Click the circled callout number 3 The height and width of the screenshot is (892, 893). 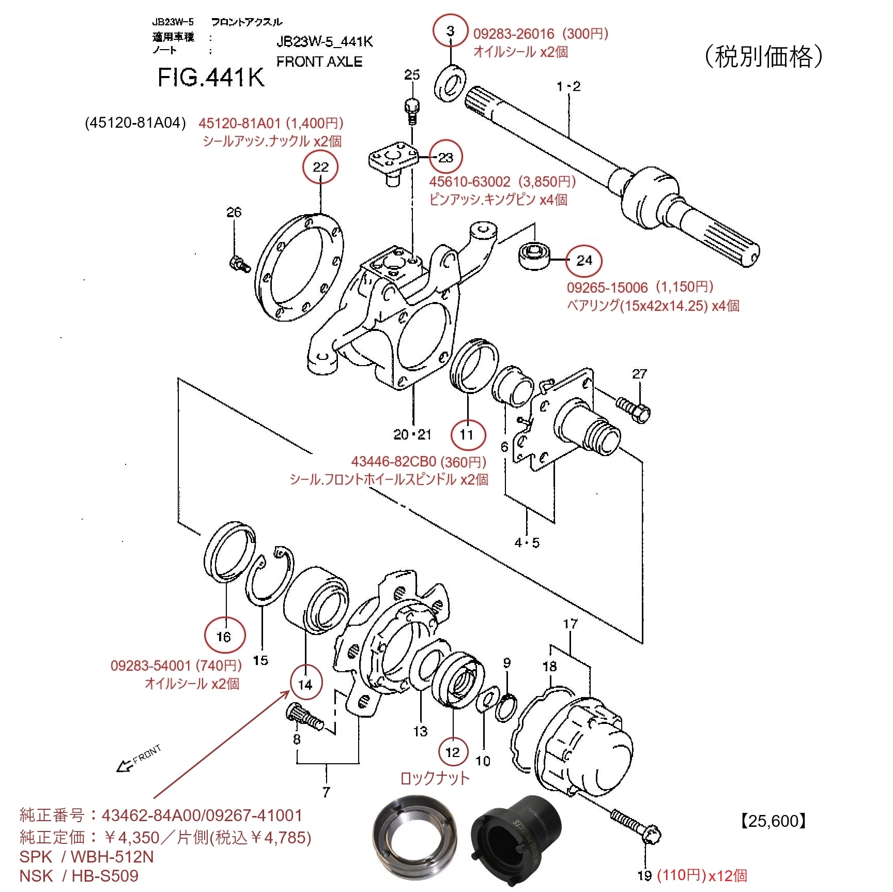[x=450, y=31]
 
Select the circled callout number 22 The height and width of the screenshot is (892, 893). [x=320, y=167]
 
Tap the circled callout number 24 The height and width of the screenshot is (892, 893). [x=584, y=261]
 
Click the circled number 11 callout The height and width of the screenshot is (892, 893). [x=468, y=434]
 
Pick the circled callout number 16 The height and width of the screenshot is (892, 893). [x=224, y=636]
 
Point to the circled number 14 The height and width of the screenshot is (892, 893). [x=305, y=684]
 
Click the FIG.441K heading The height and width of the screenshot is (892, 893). [x=210, y=78]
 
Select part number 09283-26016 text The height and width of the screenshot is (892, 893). [x=513, y=34]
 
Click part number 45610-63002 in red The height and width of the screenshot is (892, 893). [x=469, y=182]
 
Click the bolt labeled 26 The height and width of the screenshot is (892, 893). [x=239, y=264]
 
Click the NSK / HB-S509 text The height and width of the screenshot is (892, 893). [x=79, y=876]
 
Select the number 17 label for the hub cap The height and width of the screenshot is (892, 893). [x=570, y=624]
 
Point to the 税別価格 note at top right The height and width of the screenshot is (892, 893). [x=763, y=56]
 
